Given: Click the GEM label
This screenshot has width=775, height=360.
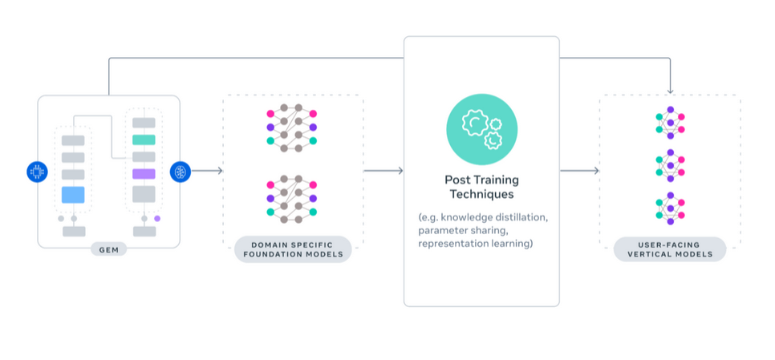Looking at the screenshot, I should click(108, 249).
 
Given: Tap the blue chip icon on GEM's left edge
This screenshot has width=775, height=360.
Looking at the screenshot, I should click(37, 171).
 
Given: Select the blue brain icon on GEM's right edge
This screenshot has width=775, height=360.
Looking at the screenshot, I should click(180, 171).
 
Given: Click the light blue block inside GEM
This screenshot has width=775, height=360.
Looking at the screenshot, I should click(73, 194).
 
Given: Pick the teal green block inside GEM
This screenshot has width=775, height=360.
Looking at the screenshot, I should click(144, 140).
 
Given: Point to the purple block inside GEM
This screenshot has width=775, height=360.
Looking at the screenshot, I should click(144, 173).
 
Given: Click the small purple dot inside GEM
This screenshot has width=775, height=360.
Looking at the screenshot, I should click(157, 218).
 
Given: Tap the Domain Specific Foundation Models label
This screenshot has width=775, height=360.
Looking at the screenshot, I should click(293, 249).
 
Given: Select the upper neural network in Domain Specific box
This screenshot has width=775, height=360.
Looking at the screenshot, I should click(290, 127).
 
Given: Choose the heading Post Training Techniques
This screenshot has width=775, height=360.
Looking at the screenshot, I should click(481, 187).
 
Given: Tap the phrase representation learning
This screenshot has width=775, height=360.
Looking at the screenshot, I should click(475, 243).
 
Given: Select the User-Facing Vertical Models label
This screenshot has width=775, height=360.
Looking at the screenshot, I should click(669, 249).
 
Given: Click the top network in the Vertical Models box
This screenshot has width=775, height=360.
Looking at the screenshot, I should click(670, 123).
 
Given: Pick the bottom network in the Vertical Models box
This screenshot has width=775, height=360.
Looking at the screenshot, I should click(670, 210).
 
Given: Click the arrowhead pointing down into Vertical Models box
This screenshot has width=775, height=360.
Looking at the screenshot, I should click(670, 91).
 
